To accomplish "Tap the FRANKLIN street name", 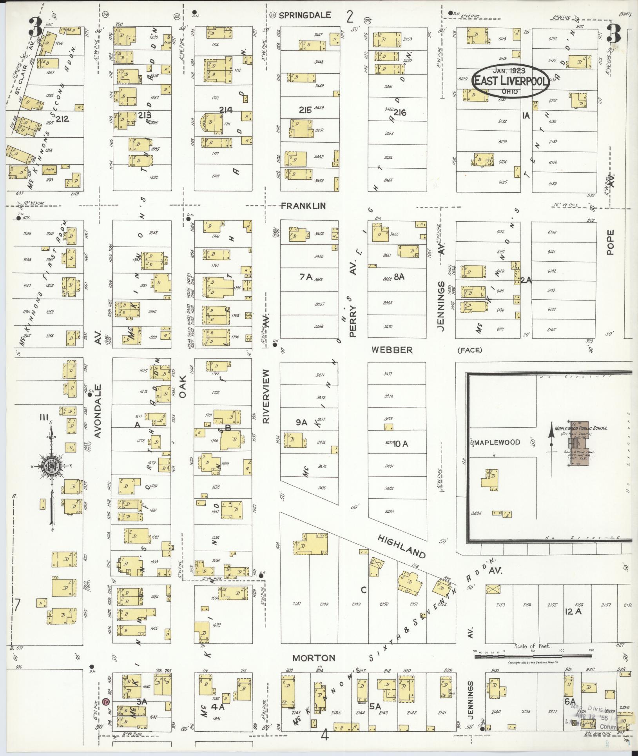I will tap(303, 206).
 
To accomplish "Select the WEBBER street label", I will tap(392, 350).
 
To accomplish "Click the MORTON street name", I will tap(314, 658).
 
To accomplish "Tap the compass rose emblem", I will tap(51, 466).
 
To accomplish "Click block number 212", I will tap(62, 118).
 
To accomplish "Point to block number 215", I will tap(305, 110).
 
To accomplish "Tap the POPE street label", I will tap(610, 242).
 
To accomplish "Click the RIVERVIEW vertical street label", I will tap(266, 396).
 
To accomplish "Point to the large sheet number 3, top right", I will tap(613, 34).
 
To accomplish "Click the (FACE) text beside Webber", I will tap(469, 350).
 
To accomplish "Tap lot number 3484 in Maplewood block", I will tap(477, 513).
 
